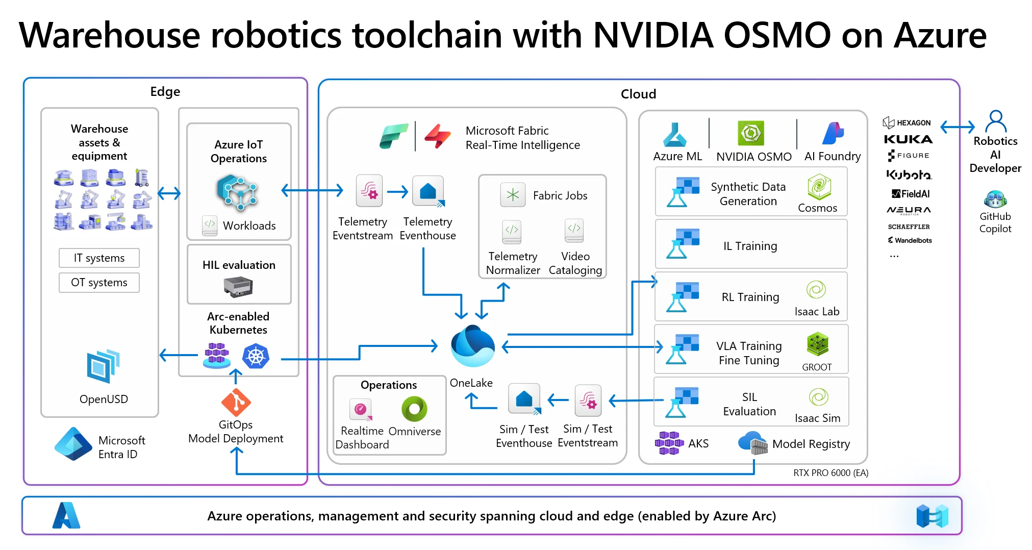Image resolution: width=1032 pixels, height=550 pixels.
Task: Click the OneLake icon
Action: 472,346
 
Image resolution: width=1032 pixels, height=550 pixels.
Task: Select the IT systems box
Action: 99,258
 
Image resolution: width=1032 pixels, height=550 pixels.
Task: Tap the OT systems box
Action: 99,283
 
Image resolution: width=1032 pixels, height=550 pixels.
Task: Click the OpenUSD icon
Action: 104,366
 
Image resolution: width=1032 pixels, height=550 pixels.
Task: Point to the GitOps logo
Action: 236,403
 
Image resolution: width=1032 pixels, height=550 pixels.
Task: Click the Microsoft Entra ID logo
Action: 73,444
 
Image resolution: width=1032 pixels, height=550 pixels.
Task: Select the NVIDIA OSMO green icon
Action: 751,134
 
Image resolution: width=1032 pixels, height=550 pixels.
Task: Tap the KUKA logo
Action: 908,139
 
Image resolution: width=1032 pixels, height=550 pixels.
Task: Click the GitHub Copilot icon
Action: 995,199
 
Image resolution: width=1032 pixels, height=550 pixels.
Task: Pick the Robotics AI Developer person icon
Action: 995,122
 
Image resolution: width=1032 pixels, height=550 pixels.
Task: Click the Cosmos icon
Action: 819,187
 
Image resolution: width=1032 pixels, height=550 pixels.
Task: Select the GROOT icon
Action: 817,344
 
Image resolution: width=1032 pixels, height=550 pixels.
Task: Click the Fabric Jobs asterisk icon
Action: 513,195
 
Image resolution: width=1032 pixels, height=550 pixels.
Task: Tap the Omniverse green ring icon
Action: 414,409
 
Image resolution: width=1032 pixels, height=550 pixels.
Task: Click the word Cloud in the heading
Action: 638,94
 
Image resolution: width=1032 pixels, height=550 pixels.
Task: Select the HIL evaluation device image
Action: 238,287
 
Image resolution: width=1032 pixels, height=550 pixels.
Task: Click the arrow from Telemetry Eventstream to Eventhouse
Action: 397,192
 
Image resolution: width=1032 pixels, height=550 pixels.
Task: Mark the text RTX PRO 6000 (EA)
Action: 830,473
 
